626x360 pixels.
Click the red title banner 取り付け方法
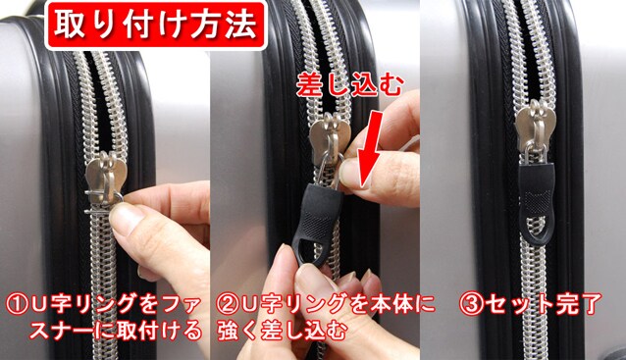(155, 26)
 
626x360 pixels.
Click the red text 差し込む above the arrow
(349, 86)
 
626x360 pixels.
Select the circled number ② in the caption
(228, 305)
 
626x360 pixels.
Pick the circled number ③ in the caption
(471, 305)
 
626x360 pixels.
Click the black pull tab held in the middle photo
(316, 225)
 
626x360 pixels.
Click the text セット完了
(544, 305)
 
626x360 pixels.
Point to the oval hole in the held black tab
(308, 248)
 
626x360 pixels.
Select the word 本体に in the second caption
(400, 305)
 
